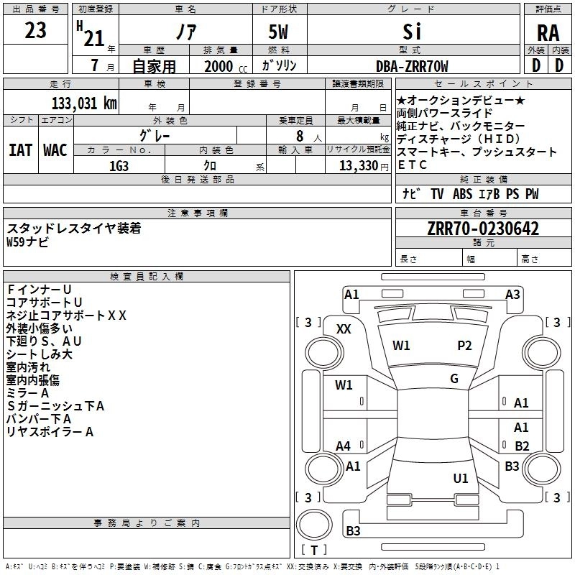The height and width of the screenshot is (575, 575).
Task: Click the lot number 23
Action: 35,30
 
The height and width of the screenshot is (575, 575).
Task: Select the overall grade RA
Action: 548,33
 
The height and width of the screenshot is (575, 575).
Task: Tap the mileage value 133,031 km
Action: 84,103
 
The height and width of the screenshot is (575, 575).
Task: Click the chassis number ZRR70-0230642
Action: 483,229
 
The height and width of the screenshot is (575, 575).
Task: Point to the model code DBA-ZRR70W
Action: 412,66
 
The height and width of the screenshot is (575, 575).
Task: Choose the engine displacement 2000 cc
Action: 226,66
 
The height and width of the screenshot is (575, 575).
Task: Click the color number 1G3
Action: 119,166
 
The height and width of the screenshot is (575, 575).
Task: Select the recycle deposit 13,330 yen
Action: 364,166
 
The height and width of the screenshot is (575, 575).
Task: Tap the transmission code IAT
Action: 20,150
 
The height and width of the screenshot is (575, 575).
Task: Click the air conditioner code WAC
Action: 55,150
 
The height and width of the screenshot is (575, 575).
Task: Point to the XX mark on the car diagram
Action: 344,329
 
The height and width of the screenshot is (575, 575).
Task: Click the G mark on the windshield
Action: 454,378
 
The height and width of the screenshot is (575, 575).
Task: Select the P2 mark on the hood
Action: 464,346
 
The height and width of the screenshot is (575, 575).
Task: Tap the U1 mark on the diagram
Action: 461,478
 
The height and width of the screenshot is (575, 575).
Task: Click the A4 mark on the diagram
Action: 344,446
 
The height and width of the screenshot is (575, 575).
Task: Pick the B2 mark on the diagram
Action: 522,446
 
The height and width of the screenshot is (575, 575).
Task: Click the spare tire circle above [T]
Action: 314,525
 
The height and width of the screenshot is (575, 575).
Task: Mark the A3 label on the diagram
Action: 512,295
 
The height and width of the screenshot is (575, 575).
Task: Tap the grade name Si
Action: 412,32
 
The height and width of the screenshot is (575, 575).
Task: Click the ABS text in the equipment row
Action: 462,194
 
